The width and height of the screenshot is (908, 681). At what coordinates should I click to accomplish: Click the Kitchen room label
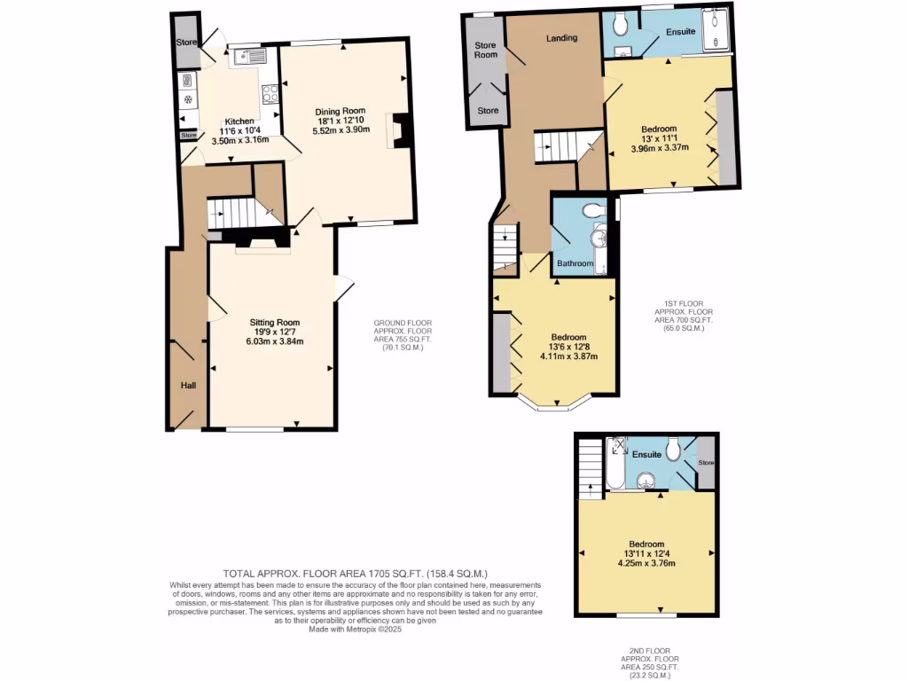[239, 121]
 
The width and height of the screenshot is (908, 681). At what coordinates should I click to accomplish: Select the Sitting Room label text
[275, 322]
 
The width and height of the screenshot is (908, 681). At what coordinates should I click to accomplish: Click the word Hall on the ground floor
[188, 386]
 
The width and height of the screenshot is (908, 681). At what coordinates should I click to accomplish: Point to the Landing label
[562, 38]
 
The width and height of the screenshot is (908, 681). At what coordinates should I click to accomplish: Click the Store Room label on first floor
[484, 50]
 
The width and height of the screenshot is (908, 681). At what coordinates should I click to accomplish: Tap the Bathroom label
[575, 263]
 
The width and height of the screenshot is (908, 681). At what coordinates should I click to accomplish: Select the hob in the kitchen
[270, 90]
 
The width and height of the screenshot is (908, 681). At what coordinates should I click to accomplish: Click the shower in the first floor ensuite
[715, 30]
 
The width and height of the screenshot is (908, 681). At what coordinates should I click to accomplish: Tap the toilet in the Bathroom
[593, 208]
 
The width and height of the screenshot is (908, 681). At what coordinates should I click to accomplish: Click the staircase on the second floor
[589, 471]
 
